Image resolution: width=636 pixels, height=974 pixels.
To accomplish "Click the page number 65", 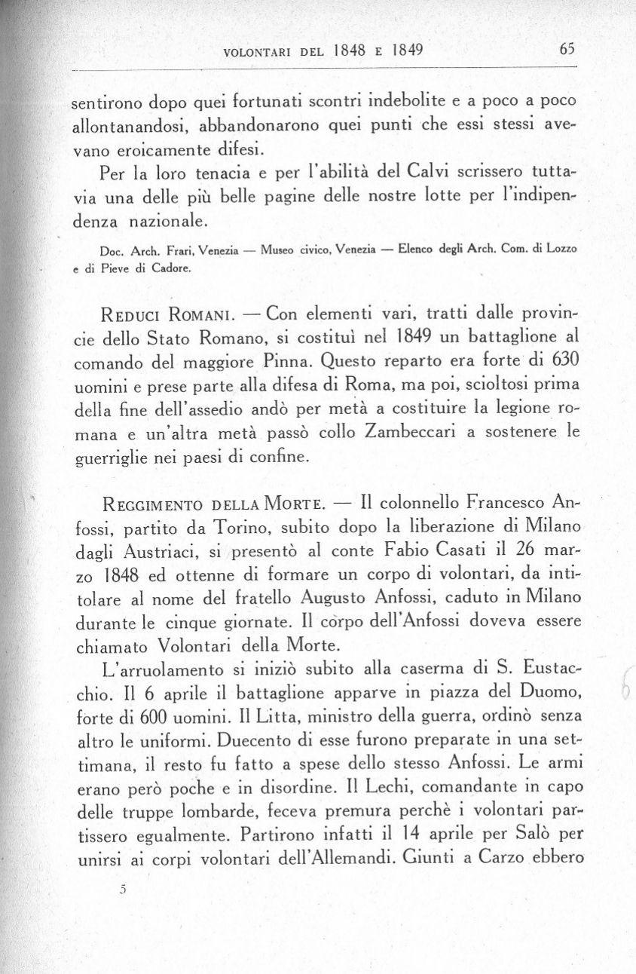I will tap(567, 50).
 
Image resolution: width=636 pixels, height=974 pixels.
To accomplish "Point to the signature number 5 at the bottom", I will tap(121, 890).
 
